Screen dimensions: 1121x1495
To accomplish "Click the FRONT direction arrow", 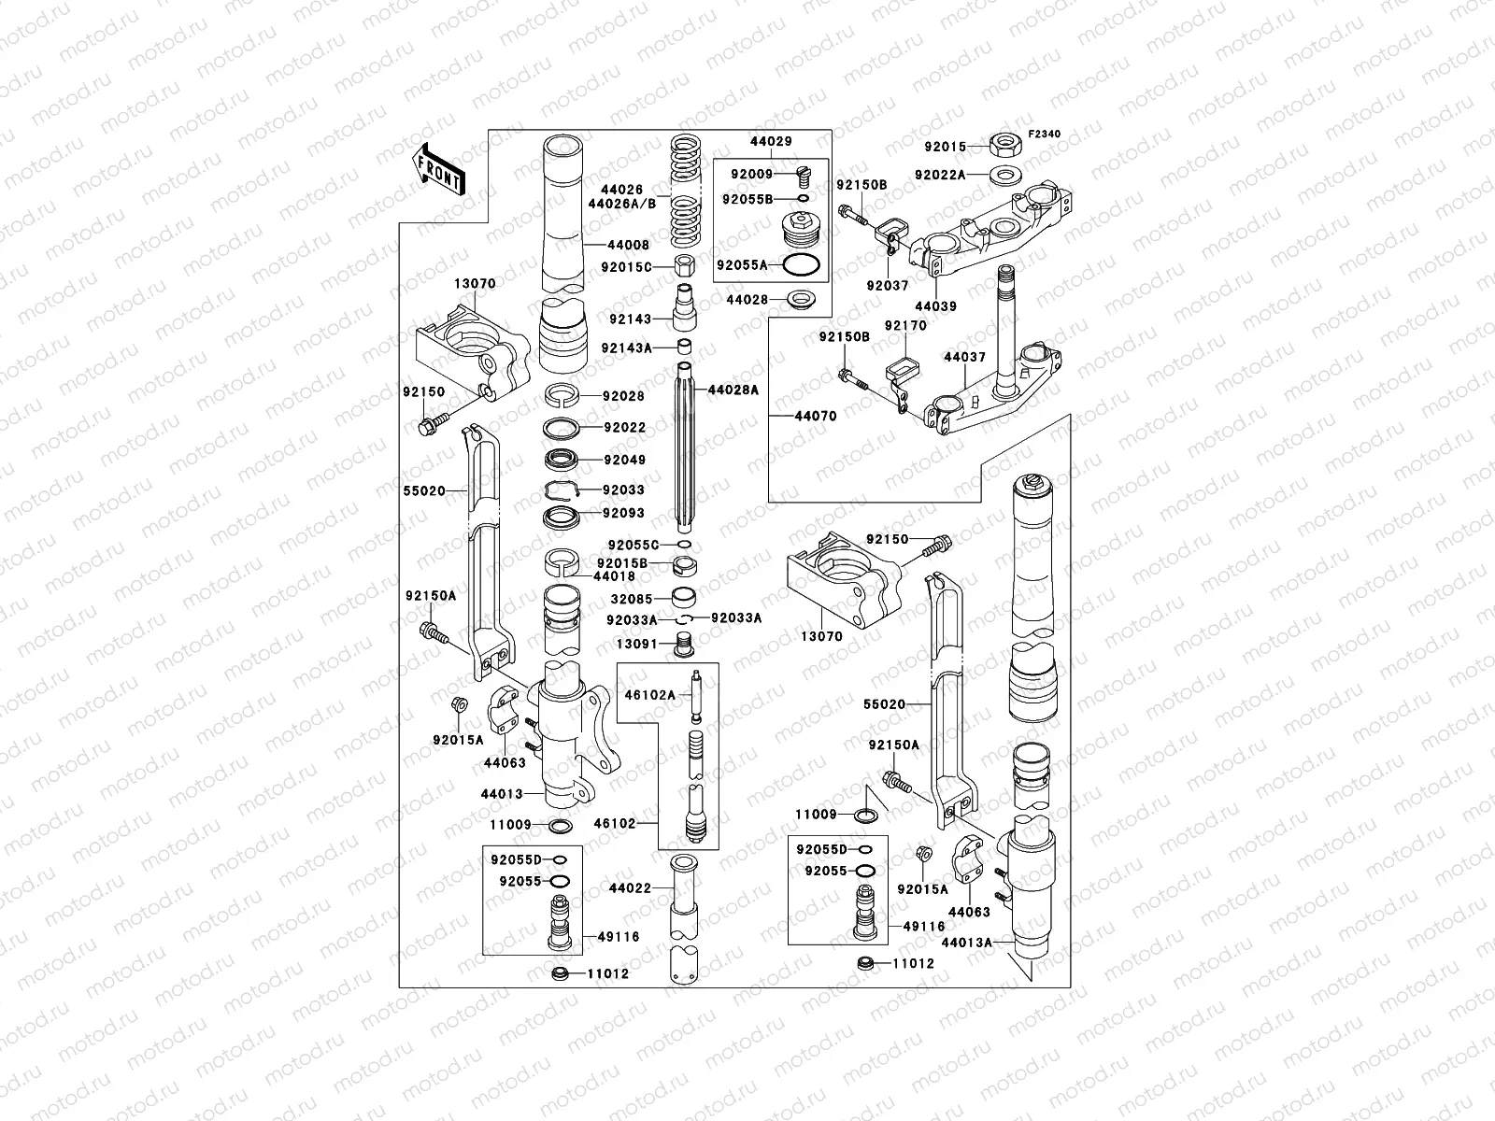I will click(x=438, y=169).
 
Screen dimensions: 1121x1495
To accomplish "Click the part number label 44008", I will click(x=628, y=245).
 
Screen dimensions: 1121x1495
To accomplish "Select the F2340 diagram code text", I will click(x=1045, y=135).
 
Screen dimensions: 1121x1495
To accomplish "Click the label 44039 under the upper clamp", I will click(x=935, y=306).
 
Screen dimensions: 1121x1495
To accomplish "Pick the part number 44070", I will click(x=817, y=416).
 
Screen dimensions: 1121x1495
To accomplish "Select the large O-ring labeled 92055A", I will click(x=803, y=265).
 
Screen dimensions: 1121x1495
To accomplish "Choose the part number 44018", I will click(x=615, y=576).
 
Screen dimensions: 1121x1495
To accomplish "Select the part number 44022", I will click(x=630, y=888).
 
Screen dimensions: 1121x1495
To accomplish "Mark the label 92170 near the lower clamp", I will click(x=905, y=325).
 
